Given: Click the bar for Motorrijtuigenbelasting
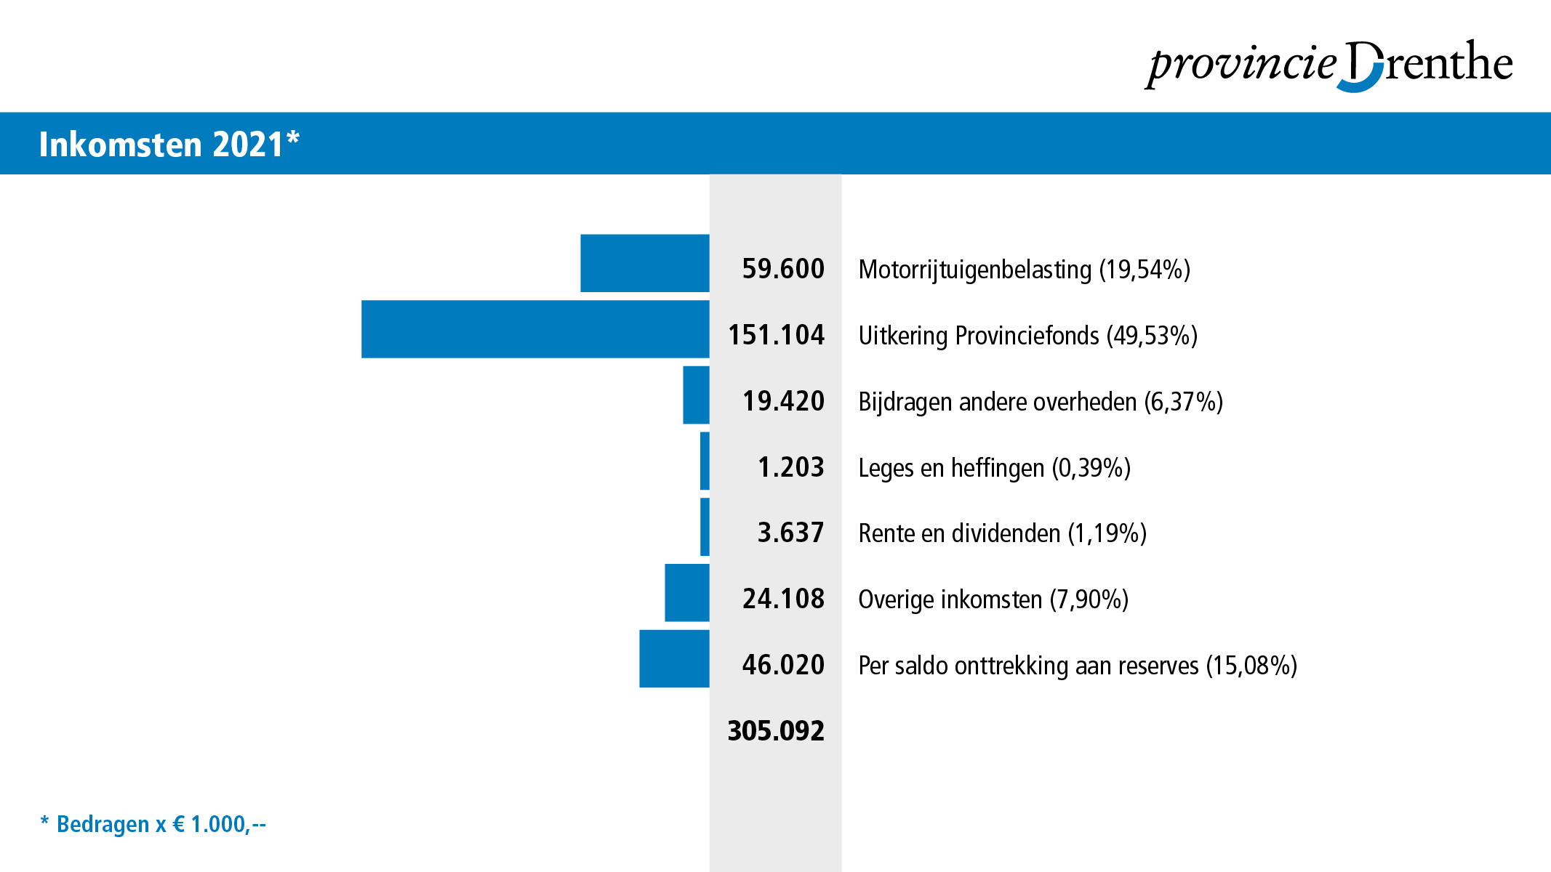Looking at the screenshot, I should coord(644,263).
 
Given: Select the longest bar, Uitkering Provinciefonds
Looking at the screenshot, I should coord(535,329).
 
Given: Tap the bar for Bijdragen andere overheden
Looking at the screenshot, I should coord(696,395).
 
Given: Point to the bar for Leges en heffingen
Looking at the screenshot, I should coord(705,461).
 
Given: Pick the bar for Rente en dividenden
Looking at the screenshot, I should coord(705,527).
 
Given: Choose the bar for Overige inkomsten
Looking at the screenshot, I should coord(686,593).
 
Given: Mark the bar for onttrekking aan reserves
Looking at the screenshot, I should coord(674,659).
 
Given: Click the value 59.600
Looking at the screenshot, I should coord(783,269).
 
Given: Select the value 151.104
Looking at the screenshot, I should coord(776,335).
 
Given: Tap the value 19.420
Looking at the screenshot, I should coord(783,401).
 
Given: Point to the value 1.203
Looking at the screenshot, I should coord(790,467).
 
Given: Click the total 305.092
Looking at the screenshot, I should coord(776,731).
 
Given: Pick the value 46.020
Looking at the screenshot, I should coord(783,665).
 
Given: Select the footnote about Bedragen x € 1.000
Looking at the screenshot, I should coord(153,824).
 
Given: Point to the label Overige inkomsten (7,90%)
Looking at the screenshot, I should coord(993,600).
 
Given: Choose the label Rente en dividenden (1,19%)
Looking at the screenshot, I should coord(1002,534).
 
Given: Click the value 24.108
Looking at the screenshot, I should coord(783,599).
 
